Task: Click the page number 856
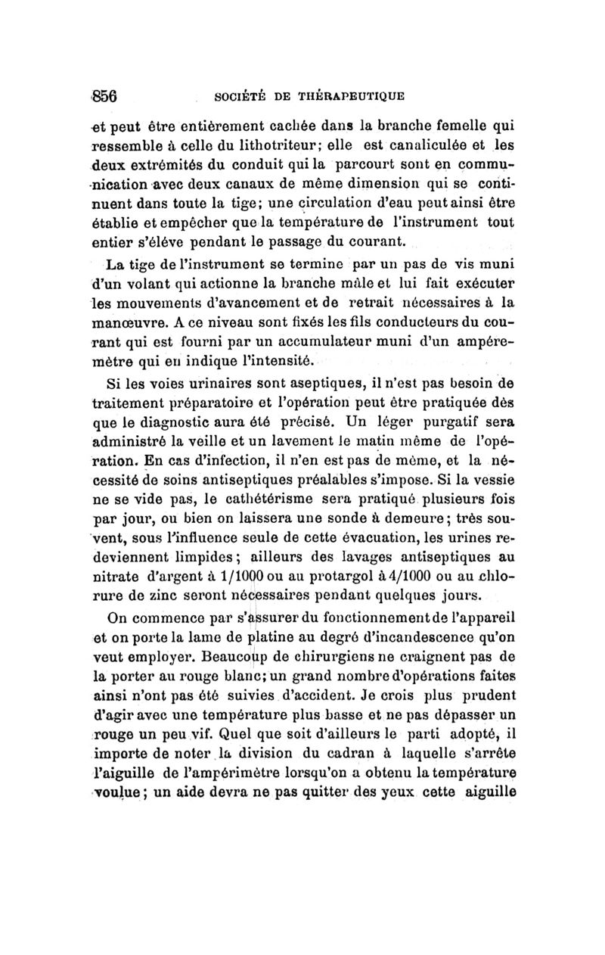point(106,96)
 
